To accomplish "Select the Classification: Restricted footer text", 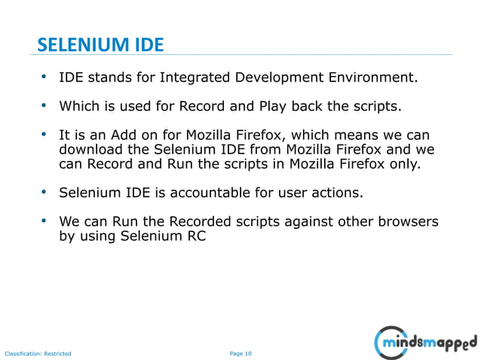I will (38, 353).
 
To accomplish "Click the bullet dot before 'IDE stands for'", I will (44, 77).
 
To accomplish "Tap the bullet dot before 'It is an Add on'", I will (44, 135).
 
